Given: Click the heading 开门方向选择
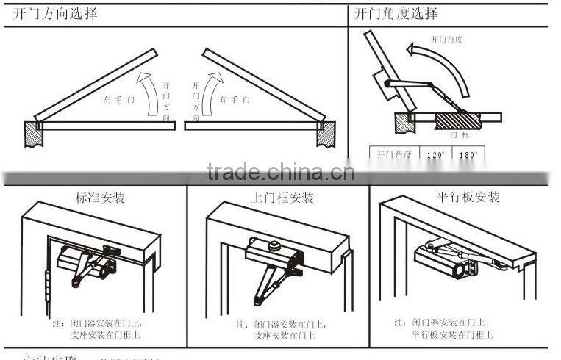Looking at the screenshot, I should coord(55,14).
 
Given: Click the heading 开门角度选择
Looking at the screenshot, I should coord(396,14).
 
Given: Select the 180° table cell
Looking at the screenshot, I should coord(468,155).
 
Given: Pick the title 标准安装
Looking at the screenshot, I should coord(100,198).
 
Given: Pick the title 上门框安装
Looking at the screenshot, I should coord(283,198).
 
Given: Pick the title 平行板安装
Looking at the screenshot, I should coord(468,197).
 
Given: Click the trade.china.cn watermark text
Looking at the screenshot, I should coord(280,173).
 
